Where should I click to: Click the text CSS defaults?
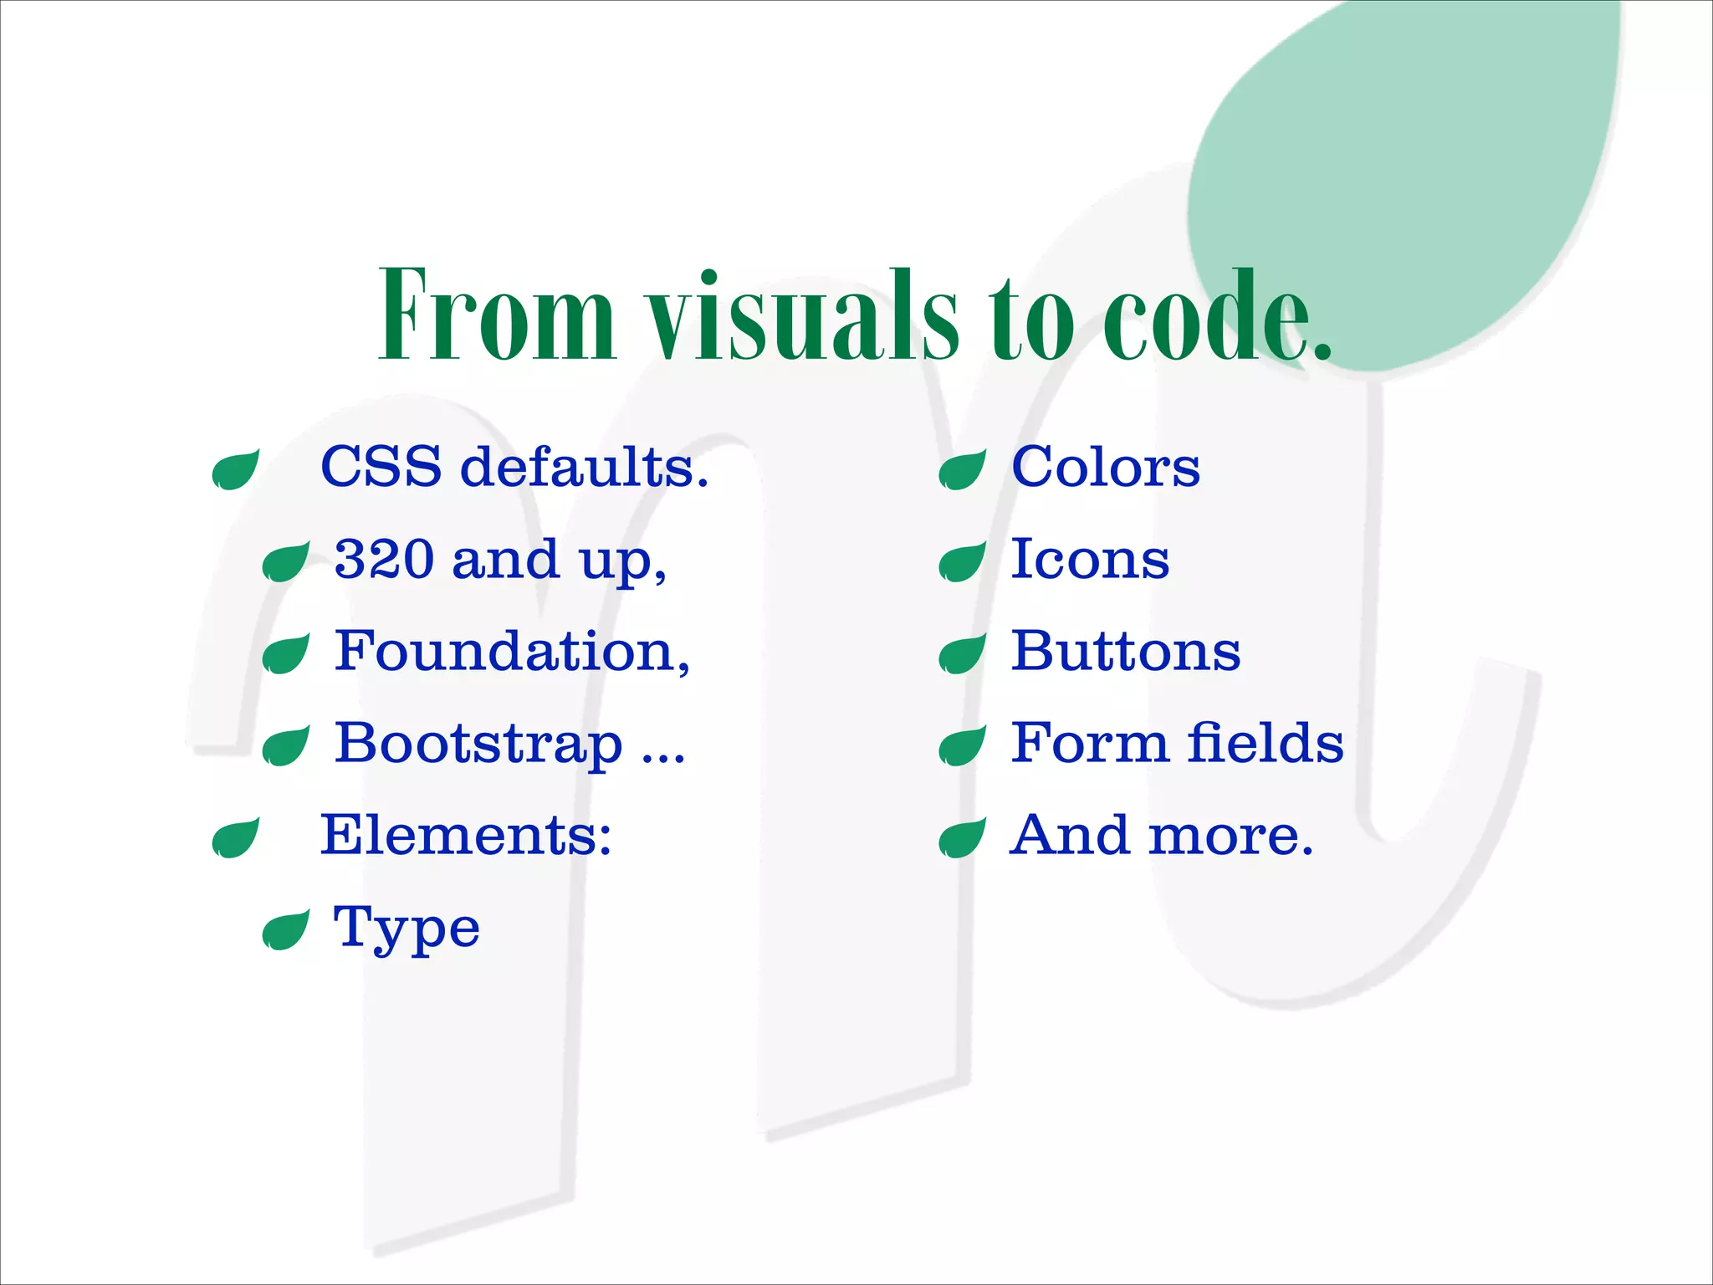click(x=514, y=467)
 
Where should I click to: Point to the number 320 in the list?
click(x=385, y=559)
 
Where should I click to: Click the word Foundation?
click(x=512, y=651)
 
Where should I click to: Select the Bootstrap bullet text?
click(x=509, y=743)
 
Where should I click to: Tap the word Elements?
click(x=466, y=835)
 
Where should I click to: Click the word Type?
click(x=407, y=929)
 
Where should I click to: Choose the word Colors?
click(x=1105, y=467)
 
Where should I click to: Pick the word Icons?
click(x=1090, y=559)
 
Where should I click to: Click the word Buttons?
click(x=1125, y=651)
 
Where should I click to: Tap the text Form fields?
click(x=1177, y=743)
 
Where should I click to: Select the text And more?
click(x=1161, y=835)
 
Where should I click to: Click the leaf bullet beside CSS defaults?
click(x=235, y=470)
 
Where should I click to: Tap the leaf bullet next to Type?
click(x=285, y=931)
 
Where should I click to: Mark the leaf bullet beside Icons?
click(x=962, y=562)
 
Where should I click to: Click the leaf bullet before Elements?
click(x=235, y=839)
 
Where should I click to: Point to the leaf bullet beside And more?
click(x=962, y=839)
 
